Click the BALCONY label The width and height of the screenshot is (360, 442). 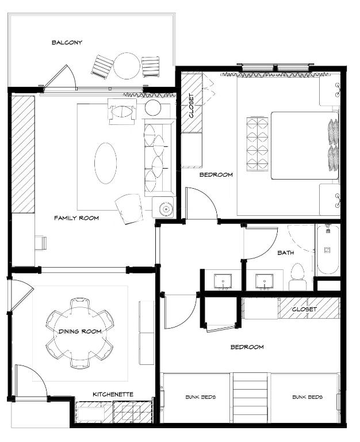[67, 43]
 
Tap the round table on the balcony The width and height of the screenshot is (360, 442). [127, 66]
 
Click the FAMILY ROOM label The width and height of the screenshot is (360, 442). [76, 218]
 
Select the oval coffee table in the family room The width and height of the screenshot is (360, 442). [105, 163]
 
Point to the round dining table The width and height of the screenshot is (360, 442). [80, 334]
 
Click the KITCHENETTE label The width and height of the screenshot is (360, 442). [113, 394]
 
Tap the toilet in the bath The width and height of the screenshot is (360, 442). [297, 277]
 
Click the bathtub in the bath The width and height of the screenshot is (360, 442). [328, 249]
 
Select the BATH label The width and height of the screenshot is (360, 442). [286, 253]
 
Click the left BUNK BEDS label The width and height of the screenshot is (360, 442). [201, 397]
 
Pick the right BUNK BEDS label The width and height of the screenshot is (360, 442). [307, 397]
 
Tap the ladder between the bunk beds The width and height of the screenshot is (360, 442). [250, 398]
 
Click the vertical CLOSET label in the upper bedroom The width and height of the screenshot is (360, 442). [192, 106]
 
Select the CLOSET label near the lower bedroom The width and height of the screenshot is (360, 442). [304, 309]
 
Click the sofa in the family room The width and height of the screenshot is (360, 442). [158, 158]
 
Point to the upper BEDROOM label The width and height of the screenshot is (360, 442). [216, 175]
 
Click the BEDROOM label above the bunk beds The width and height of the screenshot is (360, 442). [247, 347]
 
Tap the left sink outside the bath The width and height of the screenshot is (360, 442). [223, 281]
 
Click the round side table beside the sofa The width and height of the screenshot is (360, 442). [153, 108]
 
